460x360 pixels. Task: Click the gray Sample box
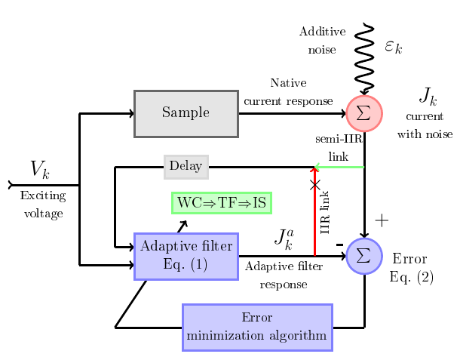pos(186,114)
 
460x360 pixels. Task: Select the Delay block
pos(186,167)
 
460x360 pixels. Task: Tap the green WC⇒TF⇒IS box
pos(222,203)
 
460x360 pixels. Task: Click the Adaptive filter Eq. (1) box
pos(186,257)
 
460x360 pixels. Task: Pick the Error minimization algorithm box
pos(257,328)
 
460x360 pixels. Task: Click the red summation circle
pos(364,113)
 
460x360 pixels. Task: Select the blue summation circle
pos(364,256)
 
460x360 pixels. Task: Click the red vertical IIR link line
pos(314,211)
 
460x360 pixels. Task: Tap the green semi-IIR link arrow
pos(339,167)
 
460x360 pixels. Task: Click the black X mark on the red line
pos(314,185)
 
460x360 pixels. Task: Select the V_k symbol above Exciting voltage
pos(40,169)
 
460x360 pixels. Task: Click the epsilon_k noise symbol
pos(394,46)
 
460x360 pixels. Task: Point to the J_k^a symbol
pos(284,239)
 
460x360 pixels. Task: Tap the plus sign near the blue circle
pos(382,220)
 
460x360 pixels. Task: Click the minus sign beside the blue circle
pos(339,245)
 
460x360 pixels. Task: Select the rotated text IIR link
pos(325,212)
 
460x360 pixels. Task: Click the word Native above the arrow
pos(288,83)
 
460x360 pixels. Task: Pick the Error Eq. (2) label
pos(411,267)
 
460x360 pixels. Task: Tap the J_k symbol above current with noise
pos(428,97)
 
